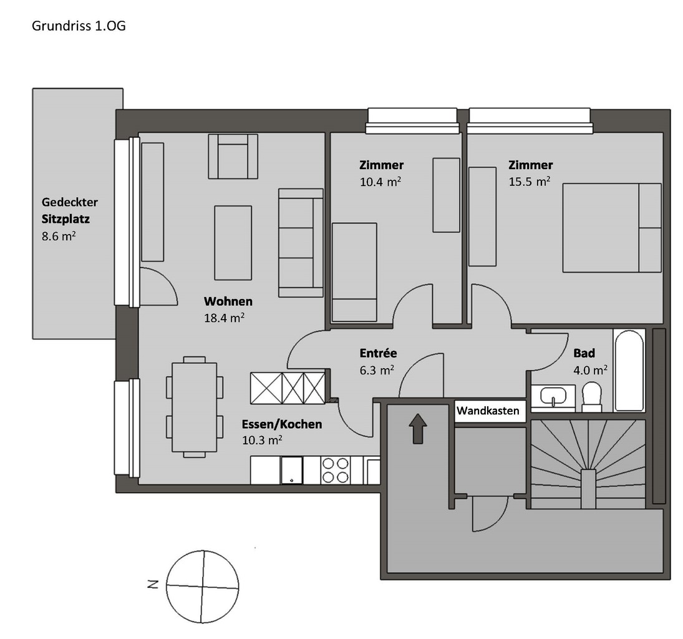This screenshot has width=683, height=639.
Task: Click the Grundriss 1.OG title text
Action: coord(79,27)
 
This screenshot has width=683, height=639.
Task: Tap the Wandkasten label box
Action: coord(490,412)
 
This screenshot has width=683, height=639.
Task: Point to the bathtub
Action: coord(628,371)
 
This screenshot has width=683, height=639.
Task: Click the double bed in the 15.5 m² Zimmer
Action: coord(611,228)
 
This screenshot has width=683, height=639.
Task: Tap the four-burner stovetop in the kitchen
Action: coord(335,470)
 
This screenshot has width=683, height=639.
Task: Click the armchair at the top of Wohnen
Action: coord(233,157)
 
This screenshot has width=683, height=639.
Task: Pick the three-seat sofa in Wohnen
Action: coord(301,242)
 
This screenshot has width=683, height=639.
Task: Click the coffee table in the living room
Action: coord(233,243)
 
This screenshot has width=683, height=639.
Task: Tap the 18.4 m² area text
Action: coord(224,317)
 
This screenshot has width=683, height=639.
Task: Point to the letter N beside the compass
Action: coord(152,585)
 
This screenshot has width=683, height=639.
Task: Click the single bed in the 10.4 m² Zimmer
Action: coord(354,272)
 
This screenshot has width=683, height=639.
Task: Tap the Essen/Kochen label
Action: coord(282,425)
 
